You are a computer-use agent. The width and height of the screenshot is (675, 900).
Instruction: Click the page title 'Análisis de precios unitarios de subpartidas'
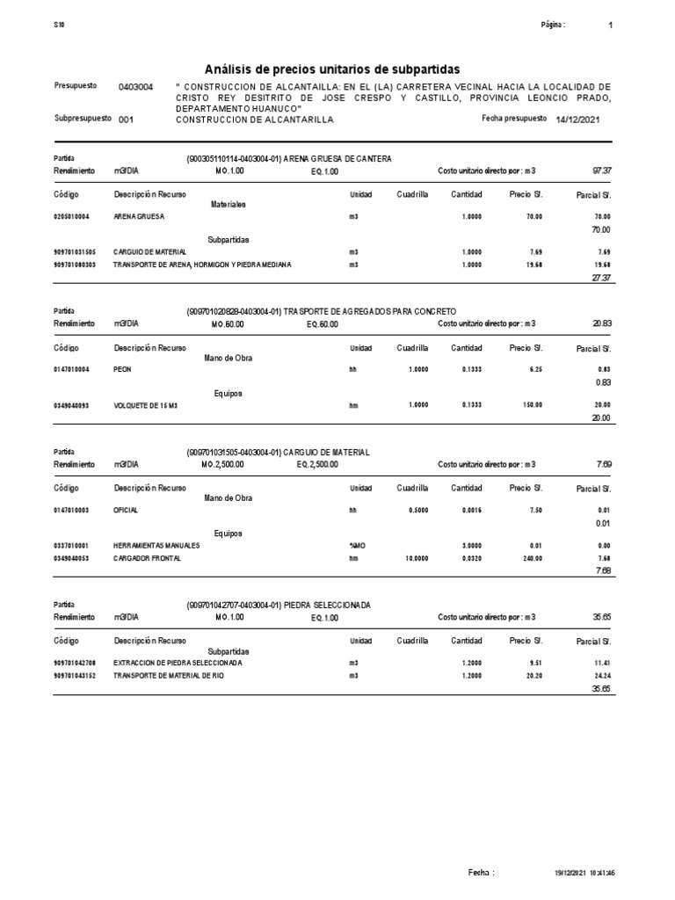coord(331,69)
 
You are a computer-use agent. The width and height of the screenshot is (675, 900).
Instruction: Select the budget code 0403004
coord(135,88)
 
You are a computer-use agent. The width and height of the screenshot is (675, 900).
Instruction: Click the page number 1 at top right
coord(611,25)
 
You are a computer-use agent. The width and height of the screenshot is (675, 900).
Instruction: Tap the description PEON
coord(122,370)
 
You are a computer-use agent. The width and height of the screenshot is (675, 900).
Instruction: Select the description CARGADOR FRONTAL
coord(148,558)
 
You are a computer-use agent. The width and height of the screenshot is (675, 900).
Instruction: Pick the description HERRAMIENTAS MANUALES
coord(156,545)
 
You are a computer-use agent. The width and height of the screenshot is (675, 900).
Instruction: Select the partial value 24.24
coord(601,676)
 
